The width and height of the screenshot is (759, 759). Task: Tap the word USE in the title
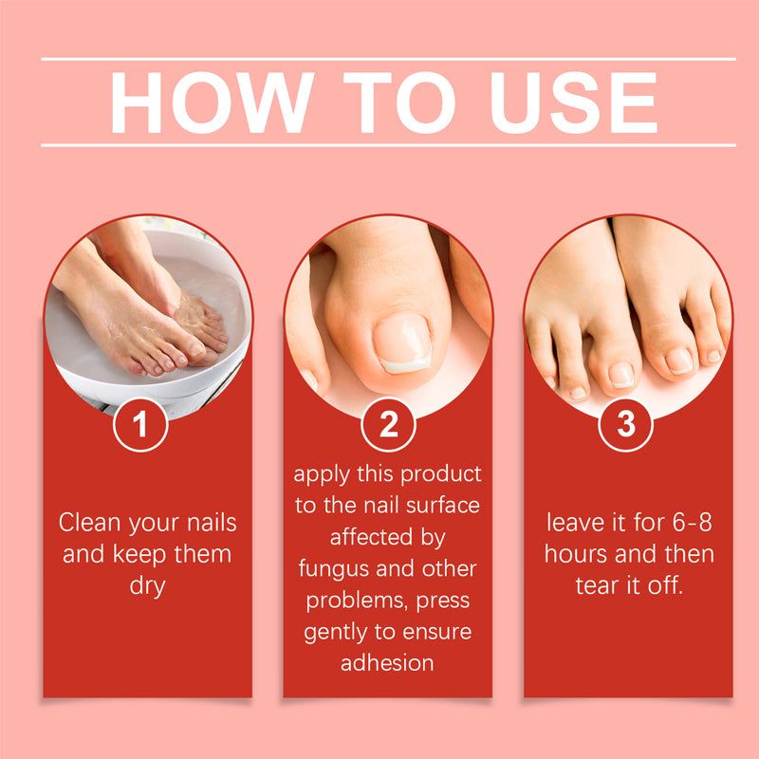tap(574, 102)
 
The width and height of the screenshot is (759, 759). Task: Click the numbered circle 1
tap(140, 424)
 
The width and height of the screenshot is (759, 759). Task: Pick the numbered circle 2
tap(388, 424)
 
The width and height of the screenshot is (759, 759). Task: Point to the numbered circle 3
tap(626, 424)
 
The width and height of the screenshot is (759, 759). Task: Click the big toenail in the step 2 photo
tap(402, 342)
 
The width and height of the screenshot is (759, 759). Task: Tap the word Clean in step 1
tap(90, 523)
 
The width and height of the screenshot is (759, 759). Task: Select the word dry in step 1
tap(148, 586)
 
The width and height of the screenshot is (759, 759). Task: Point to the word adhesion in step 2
tap(387, 663)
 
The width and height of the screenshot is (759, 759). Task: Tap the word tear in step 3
tap(598, 586)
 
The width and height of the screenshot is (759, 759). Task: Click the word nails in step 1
tap(212, 523)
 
